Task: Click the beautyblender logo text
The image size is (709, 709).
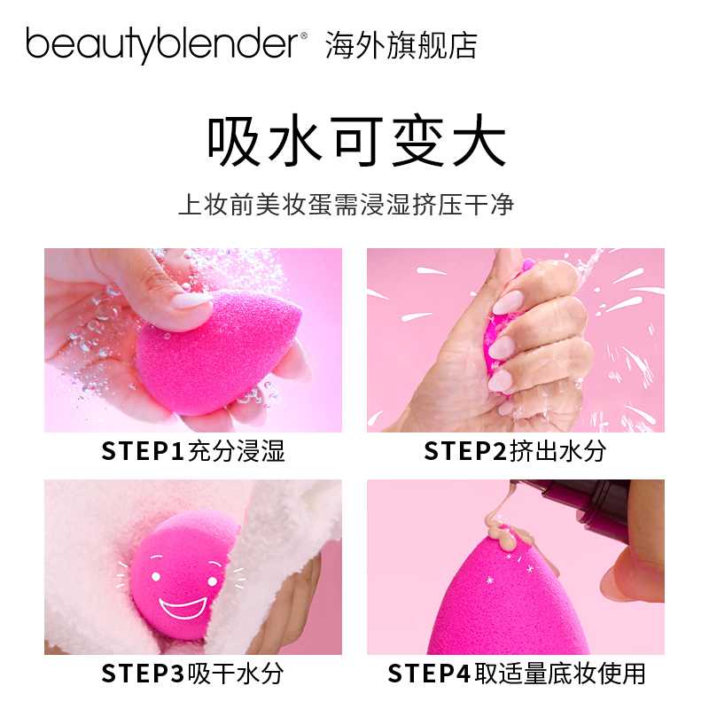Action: (x=165, y=44)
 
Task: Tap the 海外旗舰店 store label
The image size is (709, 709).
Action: (x=401, y=43)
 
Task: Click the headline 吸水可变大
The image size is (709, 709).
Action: (x=354, y=142)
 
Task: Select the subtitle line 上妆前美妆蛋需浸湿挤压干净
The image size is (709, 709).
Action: (x=347, y=206)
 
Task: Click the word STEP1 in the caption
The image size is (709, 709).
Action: (x=143, y=451)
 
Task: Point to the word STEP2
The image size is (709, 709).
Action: (x=466, y=451)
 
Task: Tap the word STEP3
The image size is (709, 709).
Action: (x=143, y=673)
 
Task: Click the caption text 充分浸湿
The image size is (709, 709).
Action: (x=235, y=451)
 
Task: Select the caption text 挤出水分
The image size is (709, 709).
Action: (x=558, y=451)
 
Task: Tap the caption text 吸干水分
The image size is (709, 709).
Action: (x=235, y=673)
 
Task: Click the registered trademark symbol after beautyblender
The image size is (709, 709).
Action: (x=303, y=35)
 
